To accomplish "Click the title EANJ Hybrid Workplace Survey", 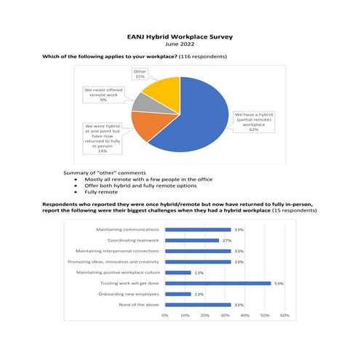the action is [x=180, y=34].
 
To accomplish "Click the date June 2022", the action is [x=180, y=43].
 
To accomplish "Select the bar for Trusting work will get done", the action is [x=218, y=283].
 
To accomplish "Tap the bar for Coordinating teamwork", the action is [x=192, y=240].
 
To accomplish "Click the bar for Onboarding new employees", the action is [x=178, y=294].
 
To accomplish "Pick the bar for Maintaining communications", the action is [x=198, y=229].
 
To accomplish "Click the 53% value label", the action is [x=278, y=283].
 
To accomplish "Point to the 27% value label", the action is [x=227, y=240].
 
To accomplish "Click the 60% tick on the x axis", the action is [x=284, y=316].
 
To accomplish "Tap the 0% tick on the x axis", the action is [x=165, y=316].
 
